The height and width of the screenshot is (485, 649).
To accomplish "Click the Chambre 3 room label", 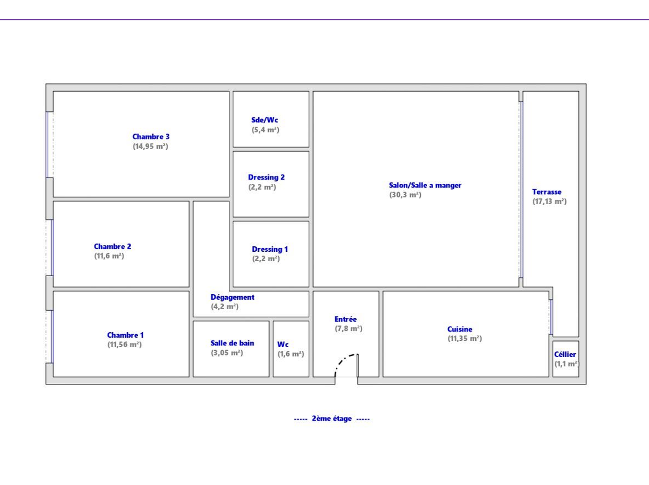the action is (151, 137).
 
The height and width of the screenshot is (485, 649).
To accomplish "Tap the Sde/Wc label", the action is (265, 120).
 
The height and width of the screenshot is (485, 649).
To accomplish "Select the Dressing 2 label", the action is (266, 177).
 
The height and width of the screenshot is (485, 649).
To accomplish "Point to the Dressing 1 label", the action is (270, 249).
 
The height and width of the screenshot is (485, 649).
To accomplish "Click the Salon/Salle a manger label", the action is (425, 185).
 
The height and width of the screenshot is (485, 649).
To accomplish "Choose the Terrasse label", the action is (547, 192).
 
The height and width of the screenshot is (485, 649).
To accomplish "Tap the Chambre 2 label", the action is (112, 246).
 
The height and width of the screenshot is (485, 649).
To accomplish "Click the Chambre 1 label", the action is (126, 335).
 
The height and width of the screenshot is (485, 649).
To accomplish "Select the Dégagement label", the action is (233, 297).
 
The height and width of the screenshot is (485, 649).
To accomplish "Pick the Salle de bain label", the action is (232, 343).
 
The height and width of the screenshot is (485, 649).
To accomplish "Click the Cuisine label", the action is (460, 329).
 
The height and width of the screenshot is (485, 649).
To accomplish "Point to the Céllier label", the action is (565, 355).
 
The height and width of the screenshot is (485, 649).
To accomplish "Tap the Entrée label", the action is (345, 319).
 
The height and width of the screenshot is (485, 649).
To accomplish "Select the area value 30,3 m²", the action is (405, 195).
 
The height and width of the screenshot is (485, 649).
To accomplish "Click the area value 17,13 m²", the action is (550, 201).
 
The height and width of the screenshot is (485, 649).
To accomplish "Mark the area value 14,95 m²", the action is (150, 146).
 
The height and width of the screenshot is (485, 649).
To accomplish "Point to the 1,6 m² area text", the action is (291, 354).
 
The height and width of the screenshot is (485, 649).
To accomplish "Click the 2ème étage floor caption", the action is (332, 419).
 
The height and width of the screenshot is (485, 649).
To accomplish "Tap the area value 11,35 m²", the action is (465, 338).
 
